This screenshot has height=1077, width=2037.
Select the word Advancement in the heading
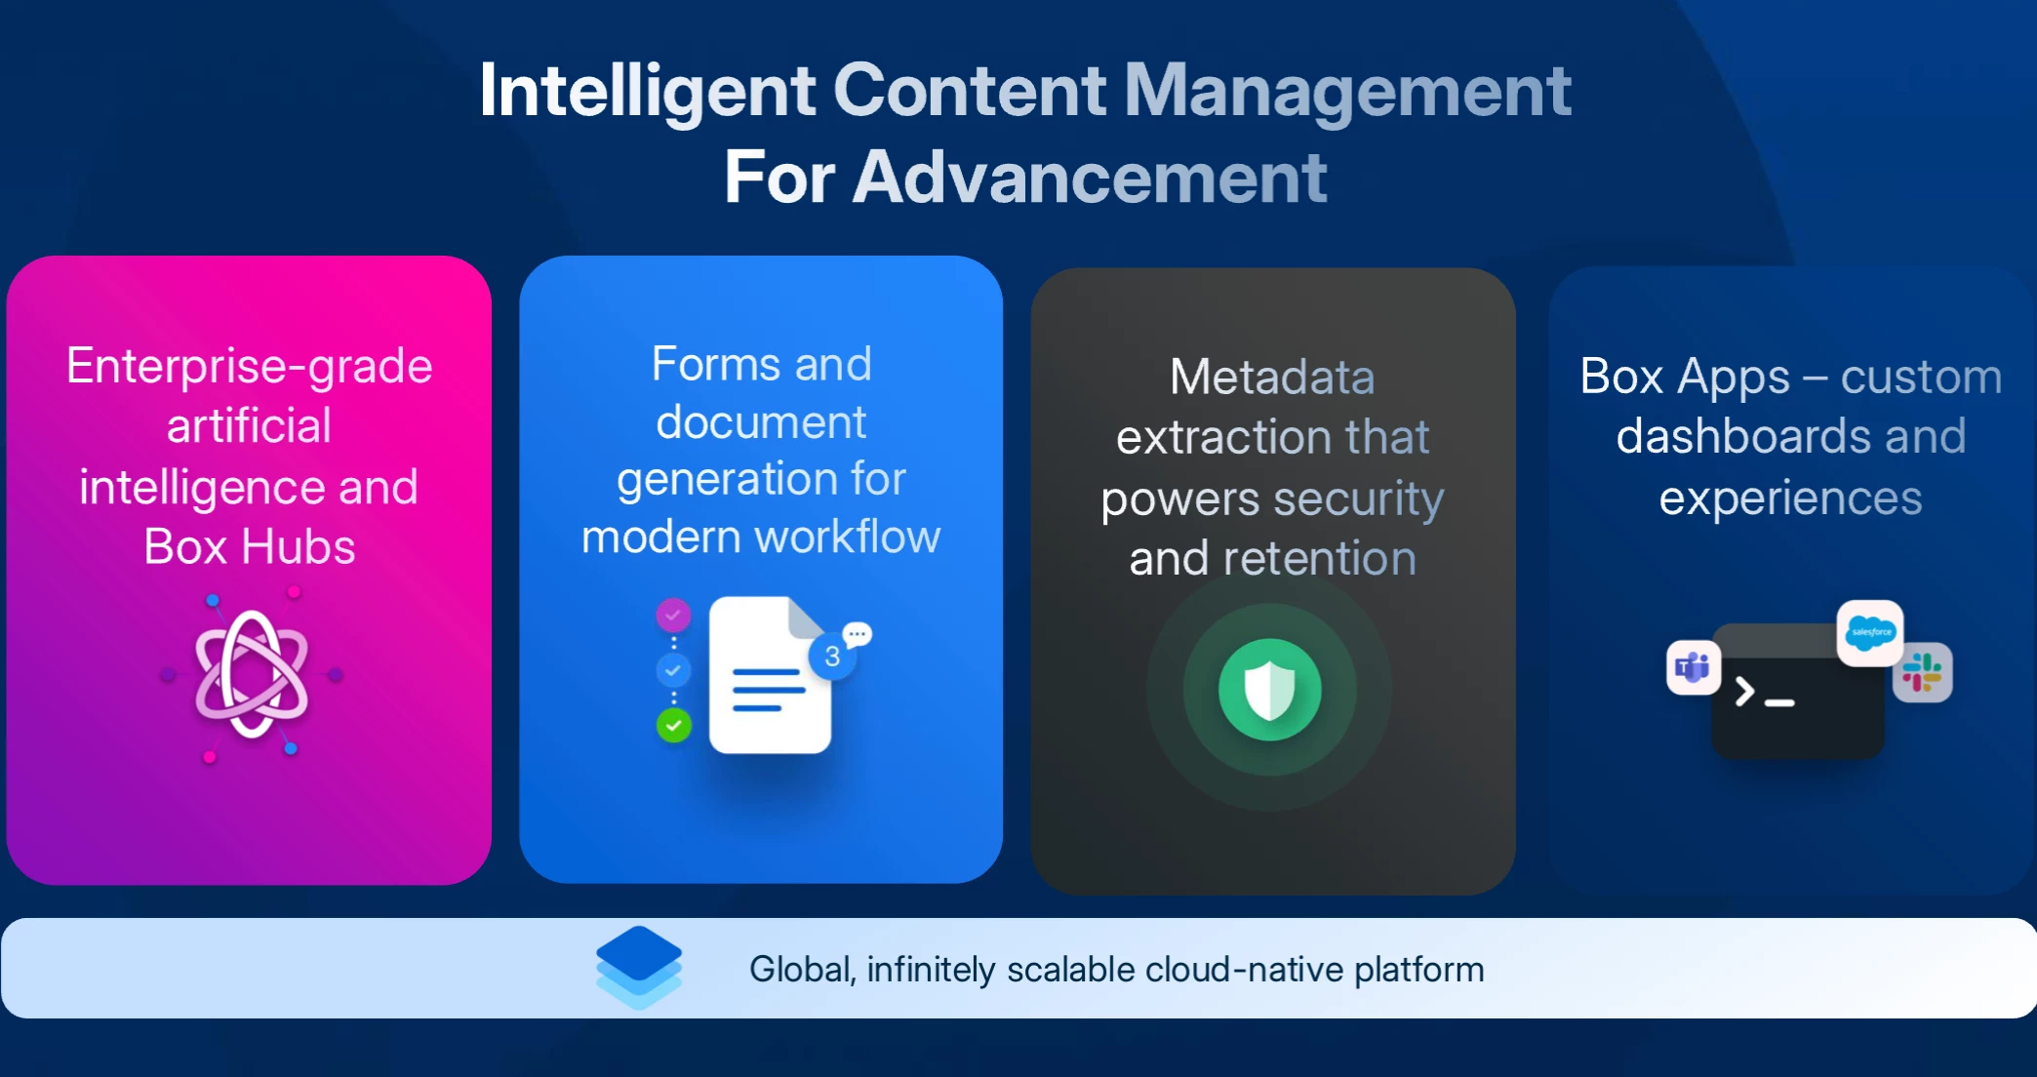coord(1090,178)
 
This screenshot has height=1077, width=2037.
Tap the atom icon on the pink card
coord(252,674)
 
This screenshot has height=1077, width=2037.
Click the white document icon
coord(770,675)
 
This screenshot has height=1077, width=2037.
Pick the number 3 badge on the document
coord(832,657)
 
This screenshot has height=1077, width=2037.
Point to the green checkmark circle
coord(673,725)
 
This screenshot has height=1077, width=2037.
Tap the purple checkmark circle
coord(673,615)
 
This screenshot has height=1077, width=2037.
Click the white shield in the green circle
coord(1269,690)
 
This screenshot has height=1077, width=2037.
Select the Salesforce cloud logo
coord(1870,632)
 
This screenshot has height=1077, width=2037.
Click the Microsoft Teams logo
coord(1693,668)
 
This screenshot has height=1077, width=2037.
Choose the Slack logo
coord(1922,672)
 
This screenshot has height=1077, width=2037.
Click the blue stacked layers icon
coord(639,967)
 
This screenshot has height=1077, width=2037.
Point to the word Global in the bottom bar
coord(802,970)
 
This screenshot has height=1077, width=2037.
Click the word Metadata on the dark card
coord(1272,377)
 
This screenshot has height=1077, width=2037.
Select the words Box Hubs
coord(250,546)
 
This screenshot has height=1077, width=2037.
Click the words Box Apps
coord(1685,378)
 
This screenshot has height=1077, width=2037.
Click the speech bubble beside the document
coord(858,635)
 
